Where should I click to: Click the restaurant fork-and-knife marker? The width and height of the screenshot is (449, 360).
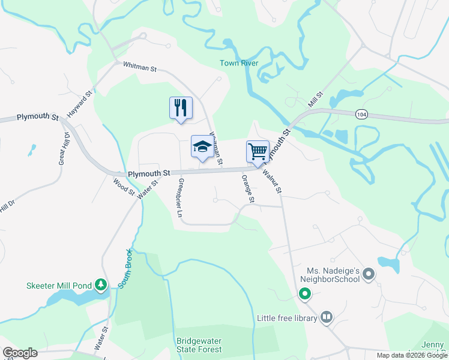(181, 109)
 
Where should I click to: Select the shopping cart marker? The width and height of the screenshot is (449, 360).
(258, 152)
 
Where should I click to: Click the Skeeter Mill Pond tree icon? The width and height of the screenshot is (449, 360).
(103, 284)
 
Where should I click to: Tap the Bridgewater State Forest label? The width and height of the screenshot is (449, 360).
(199, 344)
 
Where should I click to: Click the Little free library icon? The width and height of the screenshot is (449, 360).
(327, 317)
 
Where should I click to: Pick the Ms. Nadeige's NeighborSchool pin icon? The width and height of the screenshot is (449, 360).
(369, 275)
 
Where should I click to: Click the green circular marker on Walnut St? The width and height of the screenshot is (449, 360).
(305, 294)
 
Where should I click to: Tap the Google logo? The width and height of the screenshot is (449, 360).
(20, 353)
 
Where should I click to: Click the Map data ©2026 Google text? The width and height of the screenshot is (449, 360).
(412, 355)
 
